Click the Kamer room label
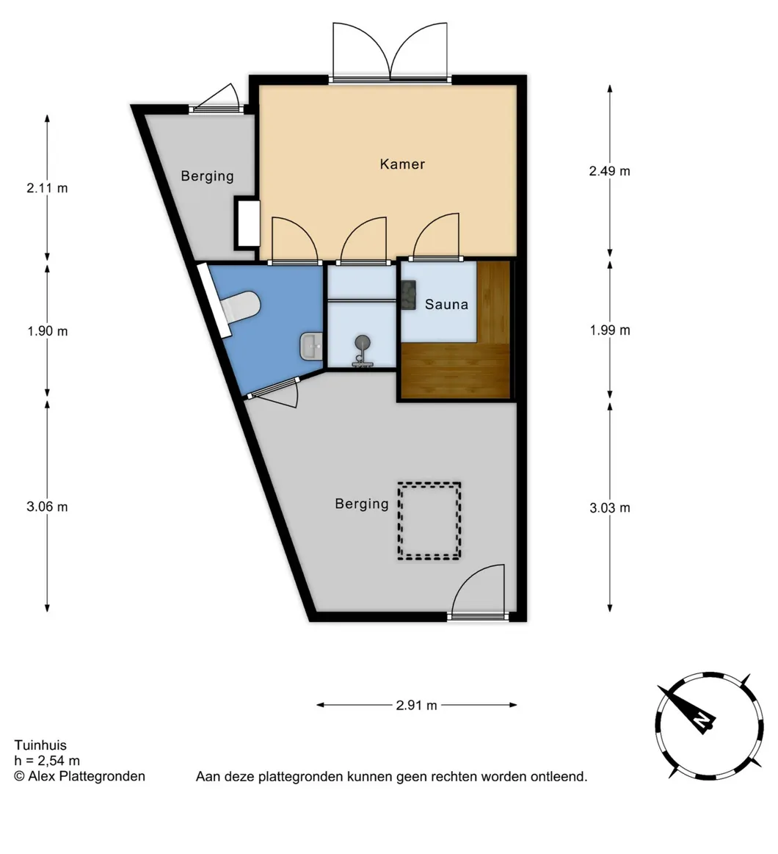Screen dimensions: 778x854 [402, 164]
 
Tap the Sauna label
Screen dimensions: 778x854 [446, 304]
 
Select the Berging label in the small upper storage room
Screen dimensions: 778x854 [207, 176]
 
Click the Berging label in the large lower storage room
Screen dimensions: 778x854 [362, 504]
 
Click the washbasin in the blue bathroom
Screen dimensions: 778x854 [311, 346]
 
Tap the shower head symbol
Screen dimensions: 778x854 [362, 343]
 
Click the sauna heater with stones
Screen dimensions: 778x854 [408, 294]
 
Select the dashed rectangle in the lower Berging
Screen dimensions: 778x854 [429, 521]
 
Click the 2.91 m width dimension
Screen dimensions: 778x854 [416, 706]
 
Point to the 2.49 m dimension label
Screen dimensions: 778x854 [609, 171]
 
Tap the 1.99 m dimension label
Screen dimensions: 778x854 [610, 330]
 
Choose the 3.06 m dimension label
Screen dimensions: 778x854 [48, 507]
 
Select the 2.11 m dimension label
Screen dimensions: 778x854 [48, 189]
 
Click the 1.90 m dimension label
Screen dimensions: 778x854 [48, 331]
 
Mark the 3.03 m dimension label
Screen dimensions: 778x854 [610, 508]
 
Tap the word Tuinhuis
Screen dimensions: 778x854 [40, 745]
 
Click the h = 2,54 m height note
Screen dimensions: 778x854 [47, 761]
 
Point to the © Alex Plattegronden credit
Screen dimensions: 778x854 [79, 776]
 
